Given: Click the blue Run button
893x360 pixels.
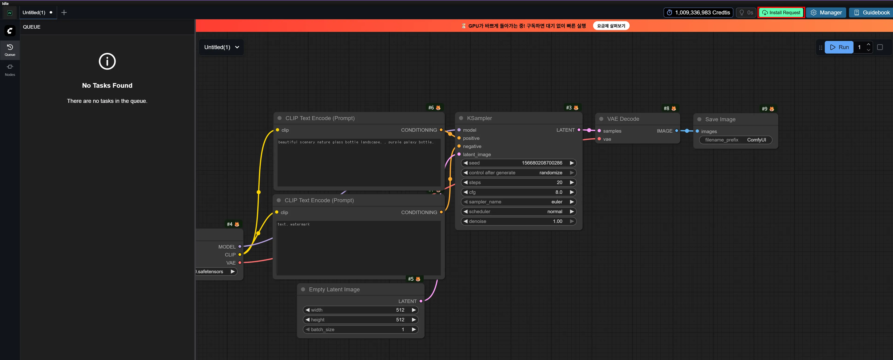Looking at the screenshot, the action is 839,47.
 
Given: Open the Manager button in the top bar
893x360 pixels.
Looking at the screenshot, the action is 826,13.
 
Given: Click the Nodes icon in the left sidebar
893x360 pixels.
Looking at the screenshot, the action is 10,70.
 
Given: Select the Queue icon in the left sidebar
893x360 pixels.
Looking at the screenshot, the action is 10,50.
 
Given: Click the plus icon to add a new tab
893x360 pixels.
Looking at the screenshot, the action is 64,13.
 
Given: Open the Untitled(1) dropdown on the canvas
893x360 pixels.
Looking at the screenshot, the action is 221,47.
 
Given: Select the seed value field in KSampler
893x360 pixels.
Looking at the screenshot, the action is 519,163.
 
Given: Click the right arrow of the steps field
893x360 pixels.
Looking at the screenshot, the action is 572,182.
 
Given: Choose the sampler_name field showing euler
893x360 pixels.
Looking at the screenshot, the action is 519,202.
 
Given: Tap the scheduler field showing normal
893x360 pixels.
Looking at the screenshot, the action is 519,211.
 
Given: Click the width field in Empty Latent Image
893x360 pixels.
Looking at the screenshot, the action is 360,310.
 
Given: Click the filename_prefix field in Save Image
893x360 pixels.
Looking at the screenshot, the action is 736,140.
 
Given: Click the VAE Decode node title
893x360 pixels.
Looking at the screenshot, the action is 623,119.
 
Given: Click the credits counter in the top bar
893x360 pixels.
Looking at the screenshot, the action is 698,13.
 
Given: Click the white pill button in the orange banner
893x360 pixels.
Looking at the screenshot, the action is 611,26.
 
